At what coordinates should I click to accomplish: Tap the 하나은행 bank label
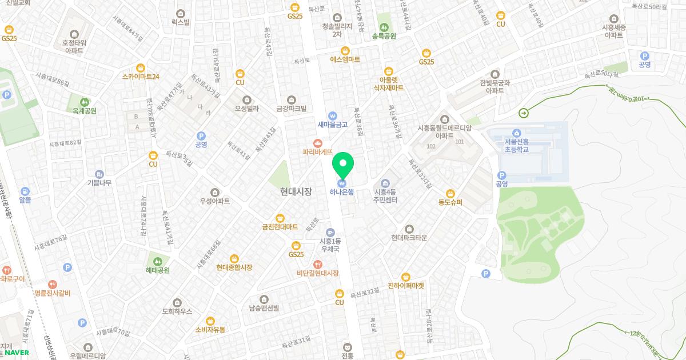(x=342, y=192)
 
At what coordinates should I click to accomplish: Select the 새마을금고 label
(x=333, y=124)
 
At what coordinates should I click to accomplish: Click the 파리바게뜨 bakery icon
(x=318, y=143)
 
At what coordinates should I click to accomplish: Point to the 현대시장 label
(x=296, y=191)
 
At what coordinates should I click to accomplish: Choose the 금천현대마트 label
(x=280, y=227)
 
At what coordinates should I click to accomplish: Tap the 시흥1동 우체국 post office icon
(x=330, y=233)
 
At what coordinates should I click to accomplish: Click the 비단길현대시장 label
(x=317, y=274)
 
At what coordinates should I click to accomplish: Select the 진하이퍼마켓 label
(x=406, y=286)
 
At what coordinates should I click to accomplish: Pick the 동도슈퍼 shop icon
(x=450, y=193)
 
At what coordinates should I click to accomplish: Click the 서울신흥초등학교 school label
(x=516, y=146)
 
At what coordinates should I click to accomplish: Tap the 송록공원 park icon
(x=384, y=26)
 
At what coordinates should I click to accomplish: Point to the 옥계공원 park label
(x=81, y=111)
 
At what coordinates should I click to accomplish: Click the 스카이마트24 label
(x=141, y=77)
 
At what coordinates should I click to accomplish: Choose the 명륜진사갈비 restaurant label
(x=52, y=293)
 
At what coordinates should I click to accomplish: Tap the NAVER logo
(x=17, y=353)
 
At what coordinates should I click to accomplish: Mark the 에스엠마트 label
(x=345, y=59)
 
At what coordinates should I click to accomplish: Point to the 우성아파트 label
(x=215, y=201)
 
